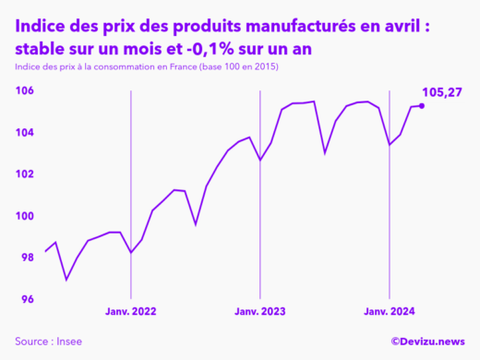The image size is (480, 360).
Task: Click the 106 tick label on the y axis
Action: point(25,90)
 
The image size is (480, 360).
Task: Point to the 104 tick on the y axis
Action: point(25,132)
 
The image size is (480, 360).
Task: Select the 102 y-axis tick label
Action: point(25,174)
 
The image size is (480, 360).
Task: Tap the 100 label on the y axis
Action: point(25,216)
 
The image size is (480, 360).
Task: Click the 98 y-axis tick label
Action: point(27,258)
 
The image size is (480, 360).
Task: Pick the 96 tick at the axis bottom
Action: point(27,299)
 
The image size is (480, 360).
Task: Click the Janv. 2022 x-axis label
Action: point(131,313)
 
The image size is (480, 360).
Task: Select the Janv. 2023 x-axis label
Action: point(260,313)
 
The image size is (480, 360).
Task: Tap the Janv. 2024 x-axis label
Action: point(390,313)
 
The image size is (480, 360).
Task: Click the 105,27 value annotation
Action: point(441,91)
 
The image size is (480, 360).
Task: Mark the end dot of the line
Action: point(422,106)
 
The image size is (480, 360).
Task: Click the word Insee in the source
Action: point(68,342)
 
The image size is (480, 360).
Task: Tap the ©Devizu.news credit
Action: point(427,342)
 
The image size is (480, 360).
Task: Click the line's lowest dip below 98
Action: point(66,279)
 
